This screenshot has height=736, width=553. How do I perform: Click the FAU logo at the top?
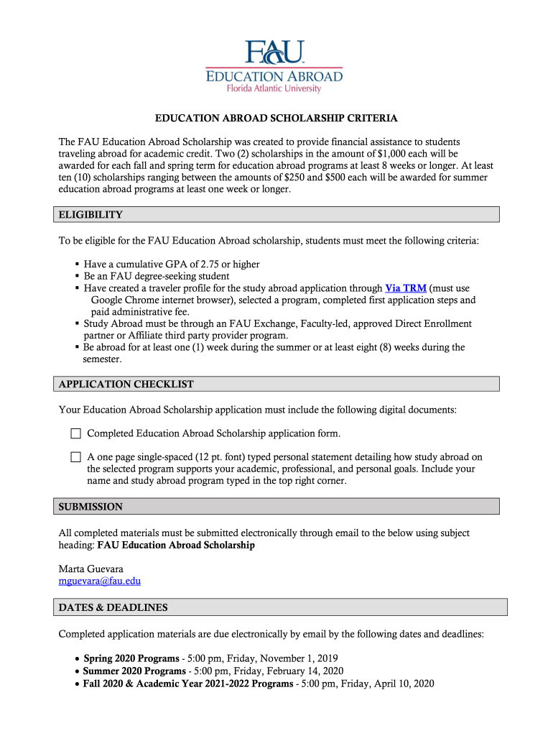tap(274, 52)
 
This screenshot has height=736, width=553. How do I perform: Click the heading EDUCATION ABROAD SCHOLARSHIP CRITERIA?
tap(277, 118)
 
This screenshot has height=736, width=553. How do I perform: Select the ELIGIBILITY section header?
tap(90, 215)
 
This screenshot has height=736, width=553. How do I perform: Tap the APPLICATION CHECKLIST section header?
tap(126, 385)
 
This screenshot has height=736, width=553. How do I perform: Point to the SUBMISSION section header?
tap(90, 507)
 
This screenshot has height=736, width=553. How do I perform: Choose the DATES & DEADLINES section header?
tap(113, 607)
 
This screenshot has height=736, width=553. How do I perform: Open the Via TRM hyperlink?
tap(406, 287)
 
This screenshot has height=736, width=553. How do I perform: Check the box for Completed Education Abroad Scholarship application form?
tap(76, 433)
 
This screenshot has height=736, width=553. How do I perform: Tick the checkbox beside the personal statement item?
tap(76, 457)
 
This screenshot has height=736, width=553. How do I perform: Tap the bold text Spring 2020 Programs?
tap(131, 658)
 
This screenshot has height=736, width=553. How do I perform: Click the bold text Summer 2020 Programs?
tap(134, 671)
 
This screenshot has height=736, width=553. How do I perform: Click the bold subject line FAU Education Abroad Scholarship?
tap(176, 546)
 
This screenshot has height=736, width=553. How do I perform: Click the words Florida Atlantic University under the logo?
tap(274, 88)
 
